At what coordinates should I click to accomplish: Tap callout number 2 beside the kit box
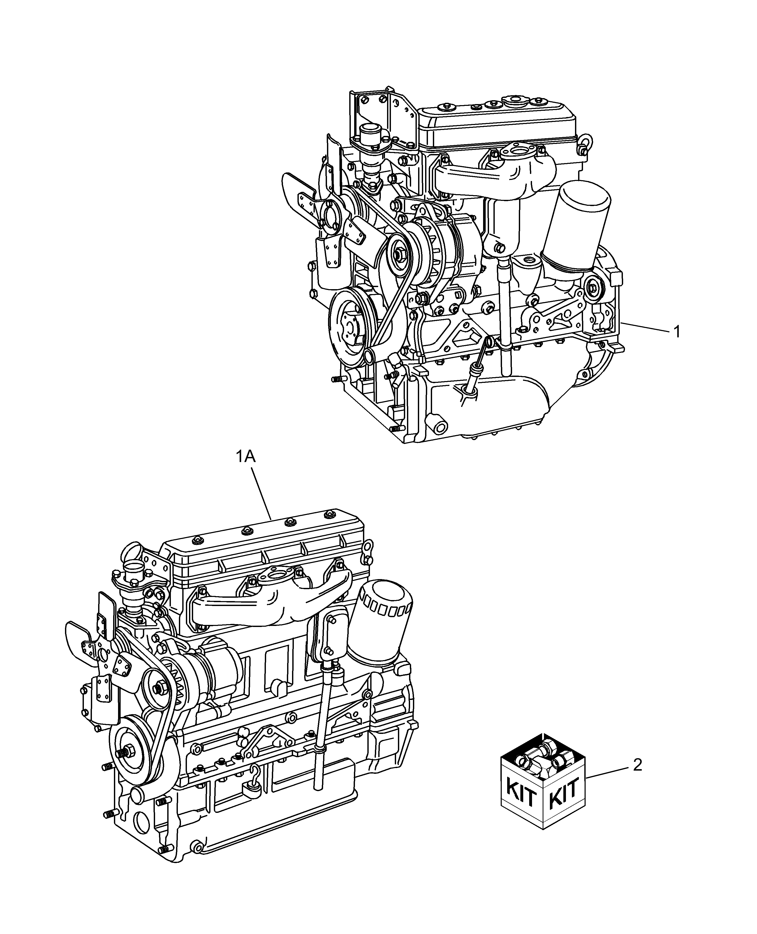(x=637, y=765)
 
